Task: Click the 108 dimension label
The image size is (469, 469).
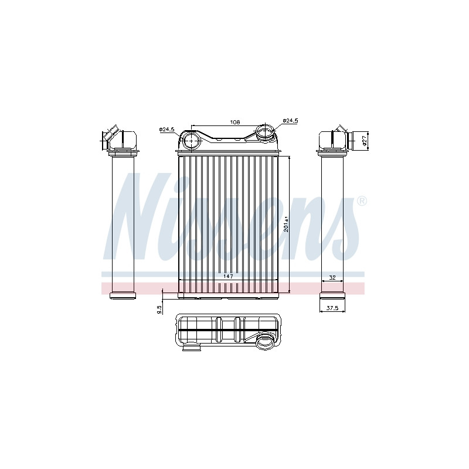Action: (x=235, y=122)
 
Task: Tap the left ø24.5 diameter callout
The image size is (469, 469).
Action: (x=166, y=130)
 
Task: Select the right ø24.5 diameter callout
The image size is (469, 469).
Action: (x=290, y=121)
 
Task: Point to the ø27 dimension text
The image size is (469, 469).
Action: (x=364, y=140)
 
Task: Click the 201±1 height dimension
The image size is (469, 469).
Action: (x=286, y=224)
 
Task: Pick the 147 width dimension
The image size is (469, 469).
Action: (x=228, y=276)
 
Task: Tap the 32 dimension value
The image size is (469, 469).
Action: (x=332, y=277)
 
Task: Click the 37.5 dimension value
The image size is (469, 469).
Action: (x=332, y=308)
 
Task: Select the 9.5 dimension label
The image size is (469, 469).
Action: (x=159, y=310)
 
